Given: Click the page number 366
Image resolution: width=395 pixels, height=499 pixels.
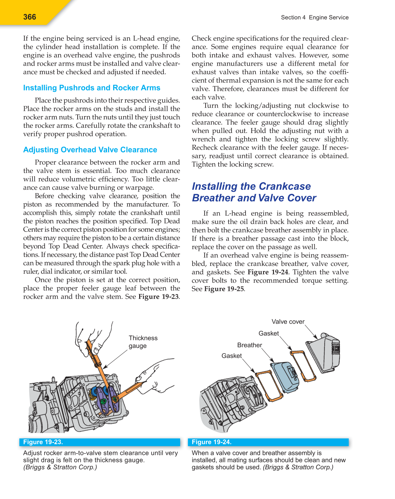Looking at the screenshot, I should point(30,17).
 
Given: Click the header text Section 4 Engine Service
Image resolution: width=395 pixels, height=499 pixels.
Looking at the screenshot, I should point(315,17).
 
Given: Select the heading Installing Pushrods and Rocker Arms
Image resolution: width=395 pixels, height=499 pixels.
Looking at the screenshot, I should point(92,88).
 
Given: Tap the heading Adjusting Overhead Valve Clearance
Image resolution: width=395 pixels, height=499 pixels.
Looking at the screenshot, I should point(90,150).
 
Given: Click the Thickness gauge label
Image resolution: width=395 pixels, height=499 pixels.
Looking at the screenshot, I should point(143,342).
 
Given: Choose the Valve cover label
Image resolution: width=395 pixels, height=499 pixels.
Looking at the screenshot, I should point(288,322).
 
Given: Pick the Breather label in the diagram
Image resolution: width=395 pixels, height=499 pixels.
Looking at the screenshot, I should point(250,345).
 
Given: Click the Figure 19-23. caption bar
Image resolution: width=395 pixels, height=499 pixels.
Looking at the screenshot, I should point(100,442).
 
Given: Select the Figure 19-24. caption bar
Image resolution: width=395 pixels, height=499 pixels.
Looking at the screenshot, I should point(268,442).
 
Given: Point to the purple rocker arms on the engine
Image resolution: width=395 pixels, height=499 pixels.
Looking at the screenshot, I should point(107,399).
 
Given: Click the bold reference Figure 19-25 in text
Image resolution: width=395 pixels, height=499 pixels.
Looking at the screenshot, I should point(224,289).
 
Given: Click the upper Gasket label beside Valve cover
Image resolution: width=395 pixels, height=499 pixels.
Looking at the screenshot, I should point(268,333).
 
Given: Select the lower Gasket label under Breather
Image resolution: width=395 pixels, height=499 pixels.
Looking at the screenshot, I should point(232,356).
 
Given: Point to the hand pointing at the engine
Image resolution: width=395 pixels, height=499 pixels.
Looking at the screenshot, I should point(156,376).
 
